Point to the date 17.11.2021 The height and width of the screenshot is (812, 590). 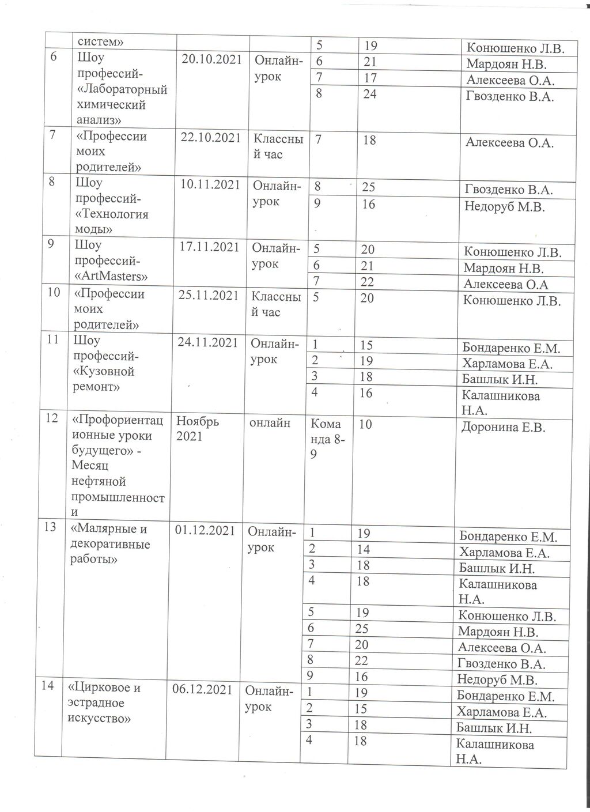(209, 247)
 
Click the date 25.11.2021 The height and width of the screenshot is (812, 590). (209, 296)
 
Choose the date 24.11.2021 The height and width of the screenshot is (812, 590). (208, 342)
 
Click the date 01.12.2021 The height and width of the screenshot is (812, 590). (205, 530)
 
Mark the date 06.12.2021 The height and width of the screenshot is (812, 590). (204, 690)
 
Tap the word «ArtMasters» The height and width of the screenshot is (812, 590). (111, 276)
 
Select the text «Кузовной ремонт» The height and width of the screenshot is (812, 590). (104, 379)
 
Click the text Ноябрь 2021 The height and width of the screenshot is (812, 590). (198, 429)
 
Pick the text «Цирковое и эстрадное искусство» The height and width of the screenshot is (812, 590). (104, 703)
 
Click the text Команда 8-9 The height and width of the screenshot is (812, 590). (328, 439)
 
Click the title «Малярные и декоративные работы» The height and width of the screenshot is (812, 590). (109, 544)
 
